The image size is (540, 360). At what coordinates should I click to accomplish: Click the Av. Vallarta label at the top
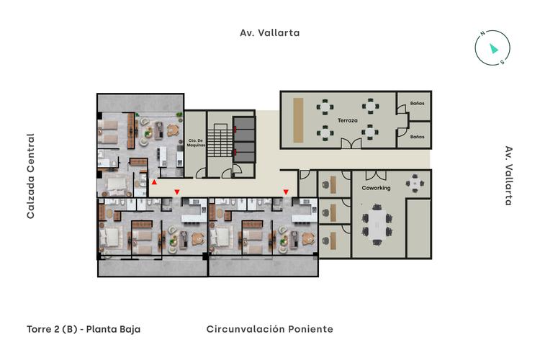269,32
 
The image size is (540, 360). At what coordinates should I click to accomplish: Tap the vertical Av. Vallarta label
508,176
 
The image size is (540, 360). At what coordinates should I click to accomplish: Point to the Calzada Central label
31,176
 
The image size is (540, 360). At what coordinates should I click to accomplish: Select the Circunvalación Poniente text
269,329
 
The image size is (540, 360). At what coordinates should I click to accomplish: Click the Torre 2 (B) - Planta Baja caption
84,329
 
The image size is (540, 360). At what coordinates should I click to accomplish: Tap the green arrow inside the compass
493,48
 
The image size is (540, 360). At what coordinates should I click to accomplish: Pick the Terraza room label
348,121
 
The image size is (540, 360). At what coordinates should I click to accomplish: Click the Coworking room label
376,188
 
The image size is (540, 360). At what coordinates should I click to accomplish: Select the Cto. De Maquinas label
197,142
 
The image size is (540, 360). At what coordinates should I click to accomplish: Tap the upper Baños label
416,103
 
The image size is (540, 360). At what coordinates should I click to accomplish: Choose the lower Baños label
416,135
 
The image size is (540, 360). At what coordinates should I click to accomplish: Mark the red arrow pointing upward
153,182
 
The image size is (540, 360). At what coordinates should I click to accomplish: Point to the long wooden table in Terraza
298,119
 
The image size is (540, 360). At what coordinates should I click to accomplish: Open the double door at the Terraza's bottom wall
351,145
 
